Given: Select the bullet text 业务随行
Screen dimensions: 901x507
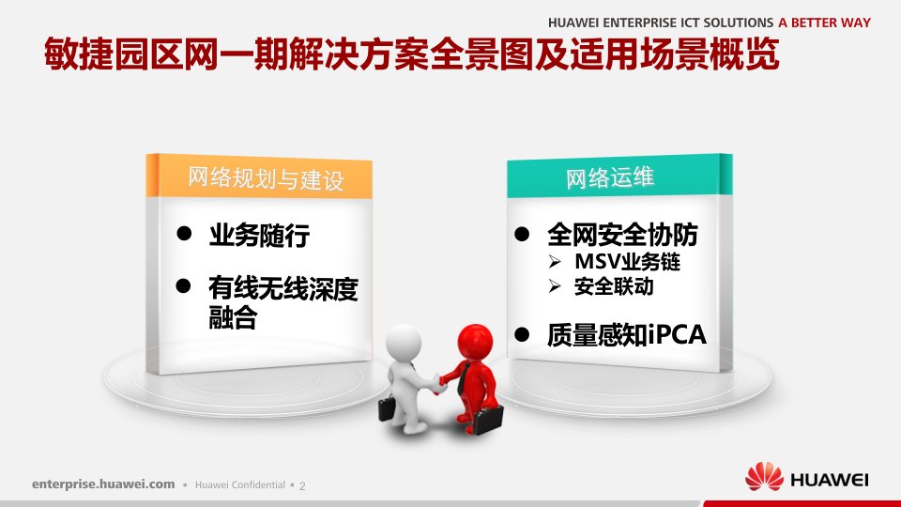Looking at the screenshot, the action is coord(259,235).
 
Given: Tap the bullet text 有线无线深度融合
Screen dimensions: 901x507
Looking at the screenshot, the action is coord(283,302).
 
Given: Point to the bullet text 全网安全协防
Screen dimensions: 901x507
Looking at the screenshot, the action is coord(622,235).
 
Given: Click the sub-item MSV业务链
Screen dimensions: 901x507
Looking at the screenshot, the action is coord(628,262).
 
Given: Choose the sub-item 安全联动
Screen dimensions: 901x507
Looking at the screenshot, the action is coord(614,286).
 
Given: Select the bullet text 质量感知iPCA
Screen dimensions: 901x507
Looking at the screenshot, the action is coord(627,334).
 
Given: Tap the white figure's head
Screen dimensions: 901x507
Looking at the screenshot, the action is coord(404,344).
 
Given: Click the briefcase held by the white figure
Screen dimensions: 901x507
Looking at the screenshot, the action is coord(387,408).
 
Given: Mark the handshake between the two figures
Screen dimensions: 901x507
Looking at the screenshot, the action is coord(438,383).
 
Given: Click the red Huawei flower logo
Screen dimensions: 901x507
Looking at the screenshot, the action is coord(764,477).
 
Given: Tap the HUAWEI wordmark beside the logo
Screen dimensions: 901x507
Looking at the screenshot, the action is coord(829,480).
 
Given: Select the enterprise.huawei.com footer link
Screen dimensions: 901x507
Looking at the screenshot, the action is coord(103,484).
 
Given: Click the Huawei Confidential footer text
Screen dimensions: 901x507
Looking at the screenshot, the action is coord(240,484).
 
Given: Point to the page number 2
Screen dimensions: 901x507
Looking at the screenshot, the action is coord(303,485).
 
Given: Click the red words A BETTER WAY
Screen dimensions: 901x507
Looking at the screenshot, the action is coord(825,23).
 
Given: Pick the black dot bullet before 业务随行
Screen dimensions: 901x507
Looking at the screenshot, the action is coord(184,233).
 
